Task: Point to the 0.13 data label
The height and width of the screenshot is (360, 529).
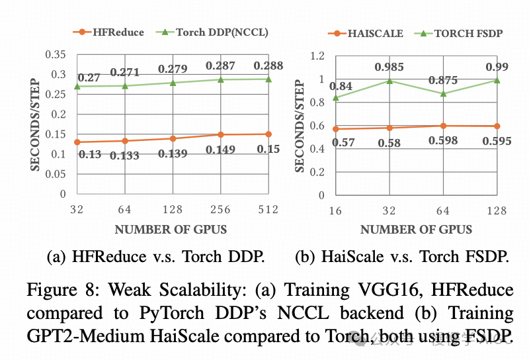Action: point(89,154)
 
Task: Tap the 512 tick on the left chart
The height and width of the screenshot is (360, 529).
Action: point(268,210)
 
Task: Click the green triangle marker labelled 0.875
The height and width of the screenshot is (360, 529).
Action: point(443,93)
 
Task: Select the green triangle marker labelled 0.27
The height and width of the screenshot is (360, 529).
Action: point(77,86)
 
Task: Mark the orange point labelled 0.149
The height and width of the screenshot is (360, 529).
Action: point(220,135)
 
